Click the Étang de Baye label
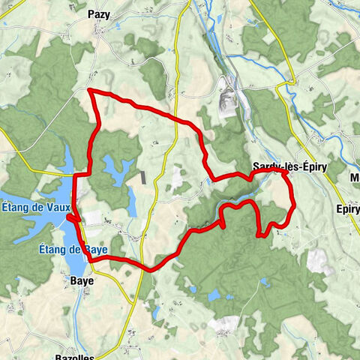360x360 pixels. [x=74, y=249]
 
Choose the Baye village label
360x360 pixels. [x=82, y=280]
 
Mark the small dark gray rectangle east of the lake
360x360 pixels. [x=142, y=178]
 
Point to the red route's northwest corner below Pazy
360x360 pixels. [x=90, y=90]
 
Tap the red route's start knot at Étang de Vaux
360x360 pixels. [x=70, y=217]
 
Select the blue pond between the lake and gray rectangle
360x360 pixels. [x=116, y=166]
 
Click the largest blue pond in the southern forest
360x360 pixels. [x=217, y=295]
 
